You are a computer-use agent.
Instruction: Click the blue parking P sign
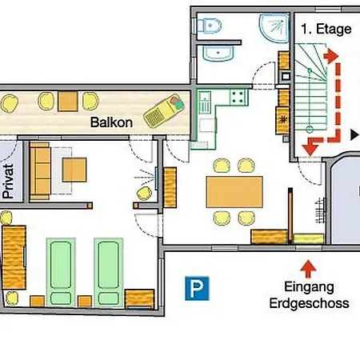[197, 288]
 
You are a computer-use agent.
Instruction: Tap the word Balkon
[111, 122]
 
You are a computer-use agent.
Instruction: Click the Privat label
[8, 181]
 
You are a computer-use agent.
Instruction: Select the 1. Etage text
[326, 29]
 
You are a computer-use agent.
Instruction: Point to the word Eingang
[309, 287]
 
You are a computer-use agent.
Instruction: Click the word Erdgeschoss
[309, 303]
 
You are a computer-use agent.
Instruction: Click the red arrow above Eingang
[308, 269]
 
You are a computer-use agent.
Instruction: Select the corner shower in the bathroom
[274, 28]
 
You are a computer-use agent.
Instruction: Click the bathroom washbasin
[218, 53]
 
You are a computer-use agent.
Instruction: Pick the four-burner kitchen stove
[238, 98]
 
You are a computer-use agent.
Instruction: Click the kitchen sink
[205, 102]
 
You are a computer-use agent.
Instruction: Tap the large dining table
[234, 191]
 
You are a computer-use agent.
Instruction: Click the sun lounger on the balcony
[164, 110]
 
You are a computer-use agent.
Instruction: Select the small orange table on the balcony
[68, 101]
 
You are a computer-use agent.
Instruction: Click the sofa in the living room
[40, 171]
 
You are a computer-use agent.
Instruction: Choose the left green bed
[61, 272]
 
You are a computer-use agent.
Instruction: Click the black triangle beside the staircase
[354, 134]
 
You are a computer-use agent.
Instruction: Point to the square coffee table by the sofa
[74, 170]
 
